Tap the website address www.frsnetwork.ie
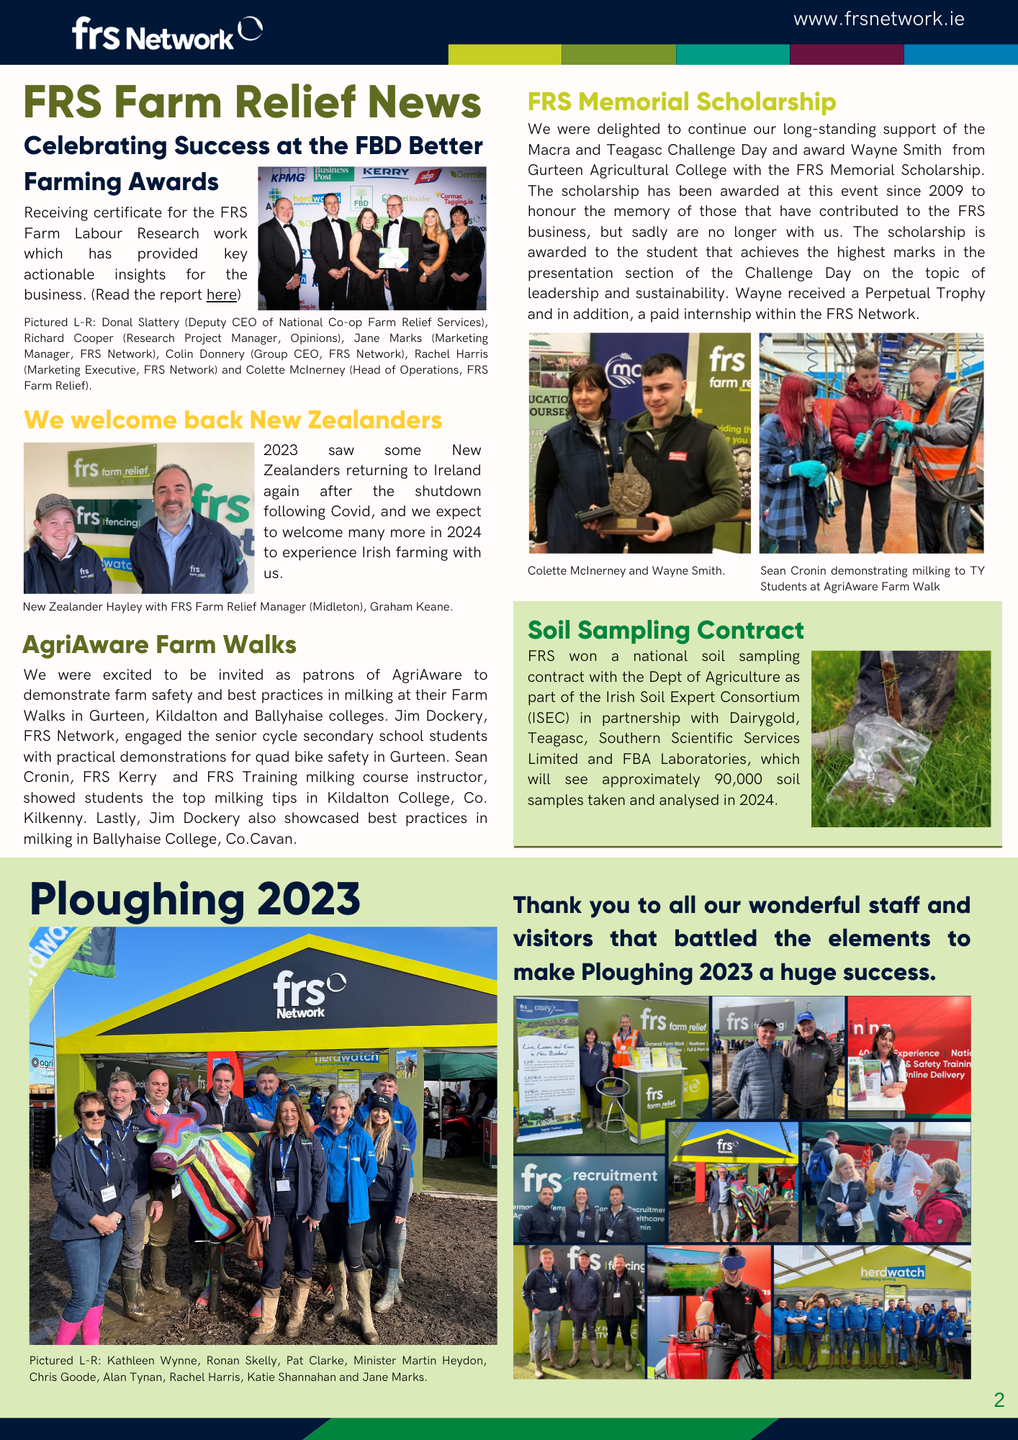coord(878,19)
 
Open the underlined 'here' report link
coord(221,294)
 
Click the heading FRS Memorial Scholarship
coord(681,102)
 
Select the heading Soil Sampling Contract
coord(665,630)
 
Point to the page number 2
coord(999,1399)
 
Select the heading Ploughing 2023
coord(194,899)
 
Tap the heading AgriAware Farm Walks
coord(159,644)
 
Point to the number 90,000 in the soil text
coord(738,779)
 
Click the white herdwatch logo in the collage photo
coord(892,1272)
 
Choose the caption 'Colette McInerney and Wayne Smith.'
coord(626,571)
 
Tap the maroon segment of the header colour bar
coord(846,55)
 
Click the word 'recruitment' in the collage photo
coord(615,1176)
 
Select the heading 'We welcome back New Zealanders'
coord(233,420)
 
